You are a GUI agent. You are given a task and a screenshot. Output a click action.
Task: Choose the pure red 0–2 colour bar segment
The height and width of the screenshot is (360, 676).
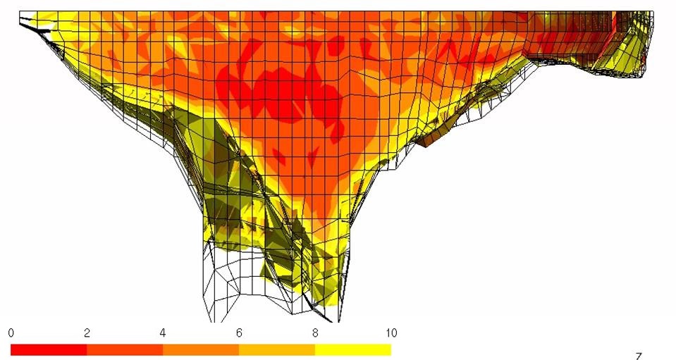(49, 349)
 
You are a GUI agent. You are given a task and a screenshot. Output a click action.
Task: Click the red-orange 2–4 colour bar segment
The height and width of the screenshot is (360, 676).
(125, 349)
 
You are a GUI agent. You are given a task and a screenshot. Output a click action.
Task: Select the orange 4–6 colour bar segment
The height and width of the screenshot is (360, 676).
(201, 349)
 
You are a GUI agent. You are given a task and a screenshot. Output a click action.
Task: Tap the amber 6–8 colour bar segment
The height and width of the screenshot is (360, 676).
(277, 349)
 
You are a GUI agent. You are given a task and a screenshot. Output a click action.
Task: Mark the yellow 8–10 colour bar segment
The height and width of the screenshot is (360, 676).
(353, 349)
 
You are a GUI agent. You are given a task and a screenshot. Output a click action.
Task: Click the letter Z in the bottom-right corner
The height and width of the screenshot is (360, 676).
(639, 356)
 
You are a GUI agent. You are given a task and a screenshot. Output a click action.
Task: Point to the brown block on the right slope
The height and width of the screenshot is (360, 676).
(432, 137)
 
